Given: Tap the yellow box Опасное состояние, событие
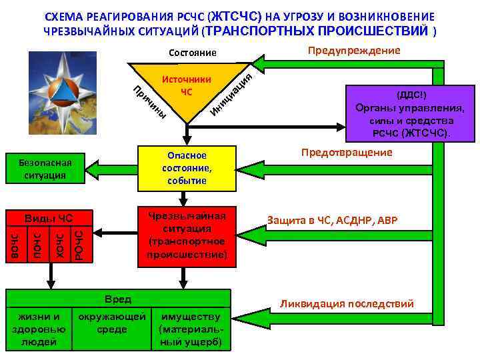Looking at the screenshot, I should pyautogui.click(x=187, y=167).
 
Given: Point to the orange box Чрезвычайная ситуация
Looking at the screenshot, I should pyautogui.click(x=187, y=235).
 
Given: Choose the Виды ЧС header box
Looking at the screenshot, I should pyautogui.click(x=48, y=218).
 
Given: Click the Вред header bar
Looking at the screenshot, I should pyautogui.click(x=119, y=299).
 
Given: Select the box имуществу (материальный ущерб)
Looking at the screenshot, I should pyautogui.click(x=191, y=329).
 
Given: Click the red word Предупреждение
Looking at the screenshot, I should pyautogui.click(x=353, y=51).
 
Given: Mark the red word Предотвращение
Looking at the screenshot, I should pyautogui.click(x=347, y=153).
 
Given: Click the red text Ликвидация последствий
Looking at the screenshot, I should pyautogui.click(x=347, y=304).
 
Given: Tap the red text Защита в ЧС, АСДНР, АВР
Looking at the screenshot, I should pyautogui.click(x=332, y=220).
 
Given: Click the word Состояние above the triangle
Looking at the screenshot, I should pyautogui.click(x=193, y=53).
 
